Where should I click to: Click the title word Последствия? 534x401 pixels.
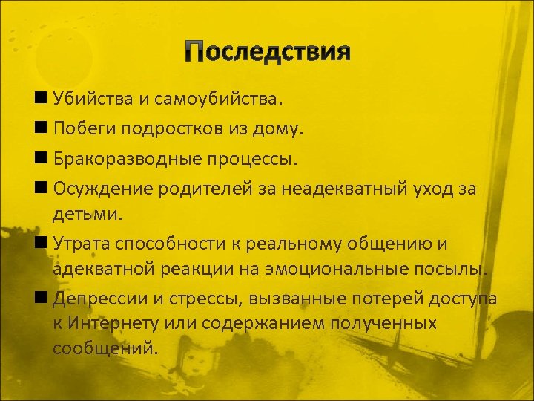(267, 53)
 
